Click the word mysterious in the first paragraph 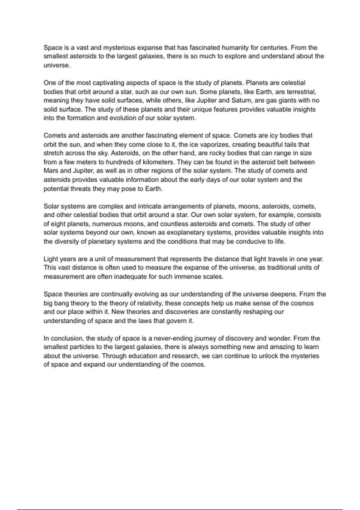tap(119, 47)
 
